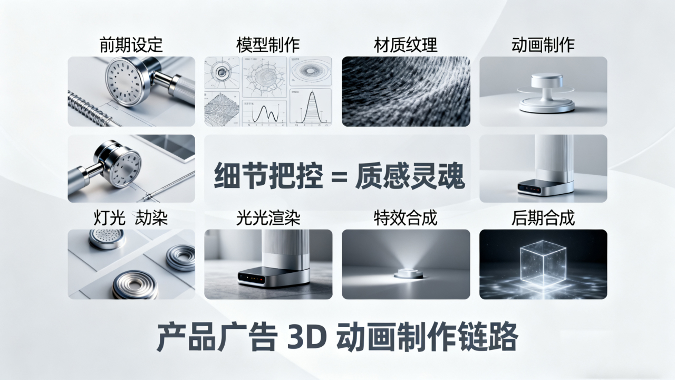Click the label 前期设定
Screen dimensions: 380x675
131,45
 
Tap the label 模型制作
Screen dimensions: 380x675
268,45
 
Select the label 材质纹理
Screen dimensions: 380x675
406,45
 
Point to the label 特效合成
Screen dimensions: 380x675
406,217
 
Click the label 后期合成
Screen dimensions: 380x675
543,217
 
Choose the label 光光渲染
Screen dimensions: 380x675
268,217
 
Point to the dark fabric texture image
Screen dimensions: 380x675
406,91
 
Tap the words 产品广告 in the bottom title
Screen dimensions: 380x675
216,338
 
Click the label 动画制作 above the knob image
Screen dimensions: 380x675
543,45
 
